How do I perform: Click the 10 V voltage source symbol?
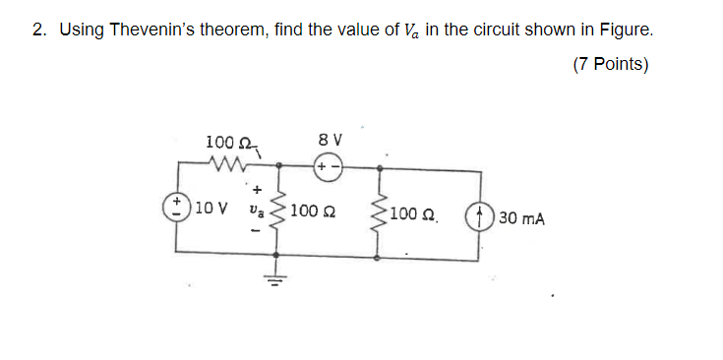(178, 208)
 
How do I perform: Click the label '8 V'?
(329, 139)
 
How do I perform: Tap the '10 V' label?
(211, 209)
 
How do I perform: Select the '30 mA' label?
(521, 216)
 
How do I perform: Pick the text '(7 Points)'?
(609, 65)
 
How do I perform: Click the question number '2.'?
(39, 30)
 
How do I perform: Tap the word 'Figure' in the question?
(625, 30)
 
